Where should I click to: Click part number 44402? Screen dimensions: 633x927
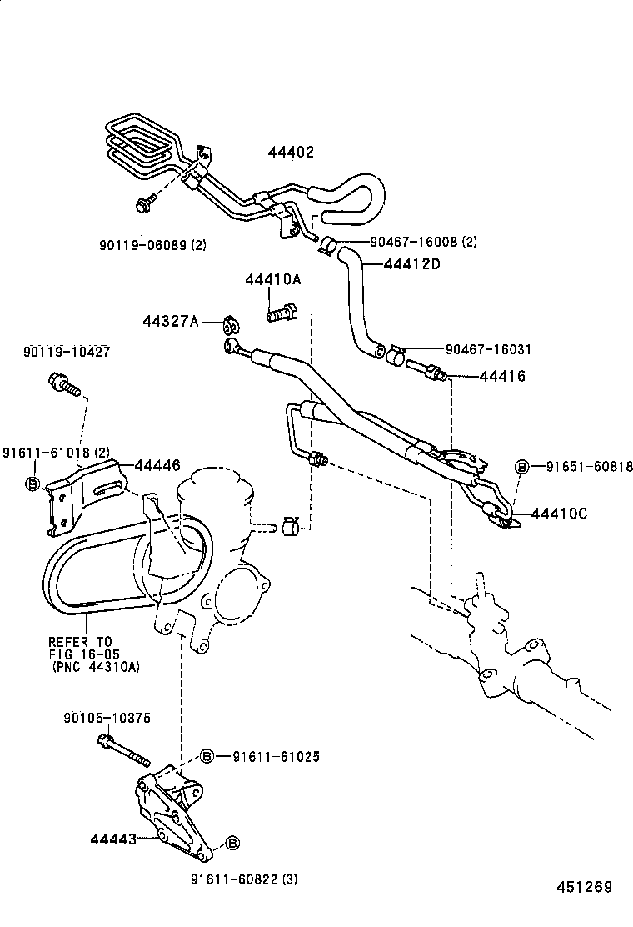pyautogui.click(x=292, y=152)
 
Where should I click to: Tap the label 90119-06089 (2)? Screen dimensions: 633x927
pyautogui.click(x=153, y=244)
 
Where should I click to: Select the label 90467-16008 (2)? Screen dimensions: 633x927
pyautogui.click(x=423, y=241)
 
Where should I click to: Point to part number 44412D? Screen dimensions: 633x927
pyautogui.click(x=412, y=263)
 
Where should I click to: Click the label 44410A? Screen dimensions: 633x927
pyautogui.click(x=273, y=279)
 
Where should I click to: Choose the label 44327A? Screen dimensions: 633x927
pyautogui.click(x=171, y=321)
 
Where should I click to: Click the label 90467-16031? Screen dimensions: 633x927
pyautogui.click(x=488, y=349)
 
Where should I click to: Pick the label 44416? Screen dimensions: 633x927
pyautogui.click(x=502, y=376)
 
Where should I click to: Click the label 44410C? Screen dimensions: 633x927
pyautogui.click(x=559, y=514)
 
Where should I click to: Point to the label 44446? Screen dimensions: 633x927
pyautogui.click(x=157, y=465)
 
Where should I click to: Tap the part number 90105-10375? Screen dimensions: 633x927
pyautogui.click(x=107, y=718)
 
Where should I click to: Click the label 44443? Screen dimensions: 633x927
pyautogui.click(x=113, y=839)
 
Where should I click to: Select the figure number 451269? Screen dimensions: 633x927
pyautogui.click(x=584, y=887)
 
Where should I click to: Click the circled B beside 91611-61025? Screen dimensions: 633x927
pyautogui.click(x=206, y=755)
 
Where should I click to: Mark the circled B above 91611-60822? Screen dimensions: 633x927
pyautogui.click(x=232, y=843)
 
